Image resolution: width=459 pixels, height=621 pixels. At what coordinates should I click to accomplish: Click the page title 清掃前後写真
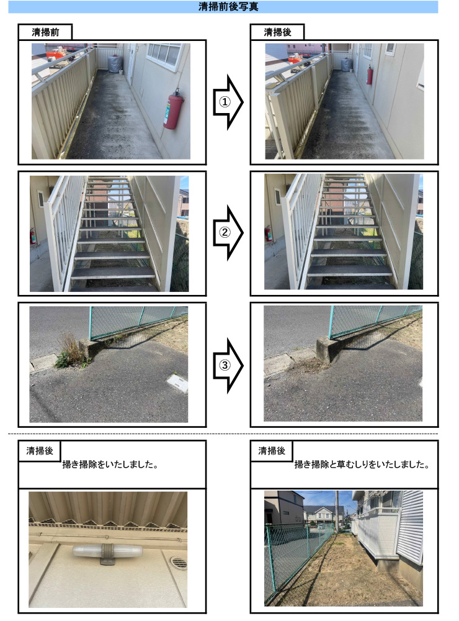229,7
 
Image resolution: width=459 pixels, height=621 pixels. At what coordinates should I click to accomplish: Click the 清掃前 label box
45,32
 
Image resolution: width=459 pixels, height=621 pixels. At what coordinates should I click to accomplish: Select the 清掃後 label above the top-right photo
277,32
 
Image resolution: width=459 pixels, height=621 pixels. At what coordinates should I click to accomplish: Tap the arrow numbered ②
227,232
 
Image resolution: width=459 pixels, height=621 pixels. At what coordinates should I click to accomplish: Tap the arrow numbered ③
227,366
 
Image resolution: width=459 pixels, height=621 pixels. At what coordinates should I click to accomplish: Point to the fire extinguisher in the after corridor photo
370,75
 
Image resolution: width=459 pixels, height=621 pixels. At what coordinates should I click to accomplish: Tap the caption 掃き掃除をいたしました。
109,465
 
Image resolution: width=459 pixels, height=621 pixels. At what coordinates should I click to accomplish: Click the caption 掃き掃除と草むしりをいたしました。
362,465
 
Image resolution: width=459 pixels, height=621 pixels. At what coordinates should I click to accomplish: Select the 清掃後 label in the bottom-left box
38,451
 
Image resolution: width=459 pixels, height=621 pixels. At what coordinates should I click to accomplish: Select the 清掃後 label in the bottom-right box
272,451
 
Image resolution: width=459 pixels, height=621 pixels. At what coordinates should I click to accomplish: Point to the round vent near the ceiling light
178,563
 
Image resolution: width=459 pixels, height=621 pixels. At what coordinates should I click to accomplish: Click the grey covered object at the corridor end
115,64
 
